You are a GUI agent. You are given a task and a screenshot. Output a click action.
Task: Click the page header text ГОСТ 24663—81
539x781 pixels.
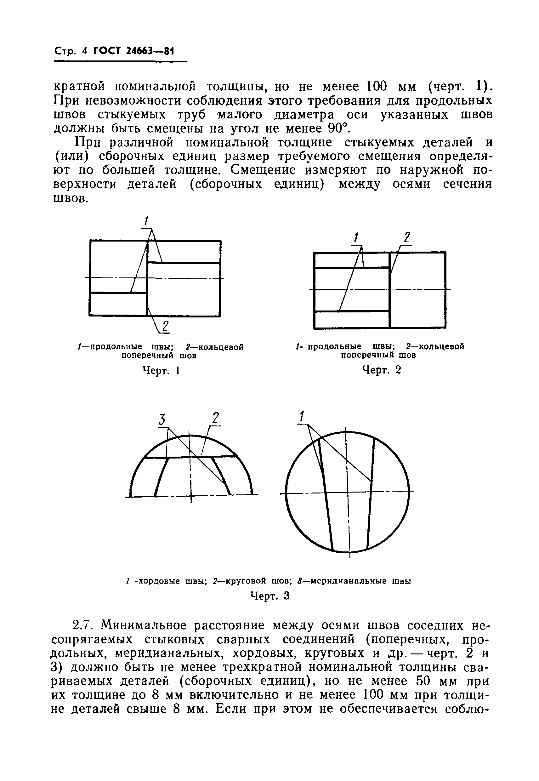(134, 51)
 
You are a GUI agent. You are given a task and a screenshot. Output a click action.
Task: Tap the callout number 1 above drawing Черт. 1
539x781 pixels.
(146, 221)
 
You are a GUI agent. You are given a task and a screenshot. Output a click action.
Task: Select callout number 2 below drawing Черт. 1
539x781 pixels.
(165, 326)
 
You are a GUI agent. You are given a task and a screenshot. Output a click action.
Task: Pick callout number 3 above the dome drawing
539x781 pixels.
(162, 420)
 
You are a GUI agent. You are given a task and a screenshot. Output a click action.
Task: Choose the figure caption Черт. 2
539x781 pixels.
(382, 370)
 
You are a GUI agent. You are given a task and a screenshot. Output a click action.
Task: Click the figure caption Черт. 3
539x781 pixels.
(270, 596)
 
